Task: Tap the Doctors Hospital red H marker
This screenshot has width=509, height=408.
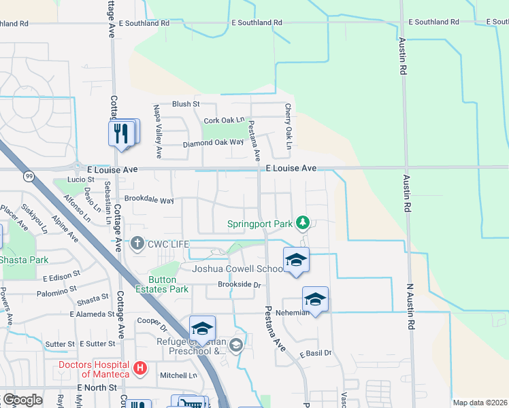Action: tap(140, 369)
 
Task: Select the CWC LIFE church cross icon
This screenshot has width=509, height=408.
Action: tap(137, 243)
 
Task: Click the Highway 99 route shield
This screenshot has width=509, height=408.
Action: tap(29, 177)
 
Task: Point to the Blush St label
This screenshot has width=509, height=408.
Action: tap(185, 104)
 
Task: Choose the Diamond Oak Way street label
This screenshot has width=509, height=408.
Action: tap(213, 143)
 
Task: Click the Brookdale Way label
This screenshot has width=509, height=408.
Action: tap(149, 201)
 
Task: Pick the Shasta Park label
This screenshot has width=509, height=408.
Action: tap(24, 260)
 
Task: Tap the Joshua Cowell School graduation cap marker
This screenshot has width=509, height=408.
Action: tap(296, 260)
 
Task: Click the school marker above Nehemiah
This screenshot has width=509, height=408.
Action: tap(315, 299)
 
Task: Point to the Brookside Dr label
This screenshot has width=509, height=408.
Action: tap(240, 284)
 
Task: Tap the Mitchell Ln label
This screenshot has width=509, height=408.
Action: tap(178, 375)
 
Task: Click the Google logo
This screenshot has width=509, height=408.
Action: tap(22, 400)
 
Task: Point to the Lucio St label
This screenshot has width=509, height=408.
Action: tap(81, 180)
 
